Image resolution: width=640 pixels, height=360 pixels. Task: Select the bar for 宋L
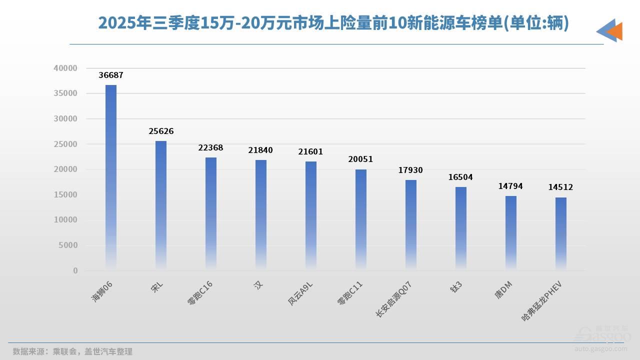161,205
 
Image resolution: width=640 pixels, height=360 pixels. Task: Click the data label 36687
111,75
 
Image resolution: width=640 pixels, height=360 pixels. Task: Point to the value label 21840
260,150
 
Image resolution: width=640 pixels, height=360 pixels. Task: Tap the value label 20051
360,159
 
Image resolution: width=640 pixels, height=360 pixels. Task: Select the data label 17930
410,170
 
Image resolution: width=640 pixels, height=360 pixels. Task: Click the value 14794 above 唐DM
510,186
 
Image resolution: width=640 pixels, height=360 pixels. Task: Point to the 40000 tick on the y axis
65,68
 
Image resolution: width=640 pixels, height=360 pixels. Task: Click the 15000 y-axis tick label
65,194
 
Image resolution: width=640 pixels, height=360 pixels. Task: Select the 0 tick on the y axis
75,270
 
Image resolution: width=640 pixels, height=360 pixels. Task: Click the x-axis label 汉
258,284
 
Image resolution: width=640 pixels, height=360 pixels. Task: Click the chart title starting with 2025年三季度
333,23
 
